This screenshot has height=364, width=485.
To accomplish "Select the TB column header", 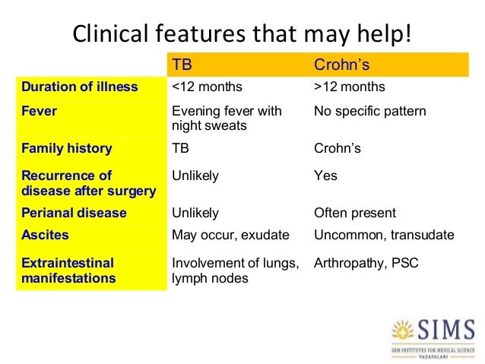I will [x=183, y=64].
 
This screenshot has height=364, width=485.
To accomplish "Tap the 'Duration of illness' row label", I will [x=80, y=87].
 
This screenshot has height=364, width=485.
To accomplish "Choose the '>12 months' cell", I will [x=350, y=87].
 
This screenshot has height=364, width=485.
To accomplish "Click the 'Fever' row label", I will [x=39, y=112].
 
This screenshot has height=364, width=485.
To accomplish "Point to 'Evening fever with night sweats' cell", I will [x=227, y=118].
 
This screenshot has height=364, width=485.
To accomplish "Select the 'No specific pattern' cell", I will [x=370, y=112].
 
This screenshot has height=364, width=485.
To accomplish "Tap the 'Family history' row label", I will [x=67, y=149].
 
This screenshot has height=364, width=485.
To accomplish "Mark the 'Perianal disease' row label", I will [x=74, y=213].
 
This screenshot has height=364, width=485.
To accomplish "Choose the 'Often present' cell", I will [x=355, y=213].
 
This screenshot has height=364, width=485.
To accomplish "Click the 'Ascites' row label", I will [x=45, y=236].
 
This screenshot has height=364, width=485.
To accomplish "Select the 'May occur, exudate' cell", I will [x=230, y=236].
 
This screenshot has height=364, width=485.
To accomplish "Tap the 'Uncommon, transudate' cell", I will [x=384, y=236].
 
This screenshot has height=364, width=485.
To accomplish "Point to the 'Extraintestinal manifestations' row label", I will [x=68, y=271].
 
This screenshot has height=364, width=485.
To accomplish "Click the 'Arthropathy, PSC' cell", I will [x=366, y=264].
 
